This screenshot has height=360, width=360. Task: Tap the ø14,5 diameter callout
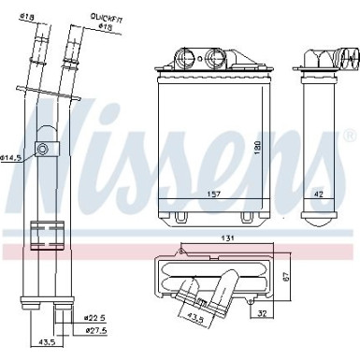[12, 158]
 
